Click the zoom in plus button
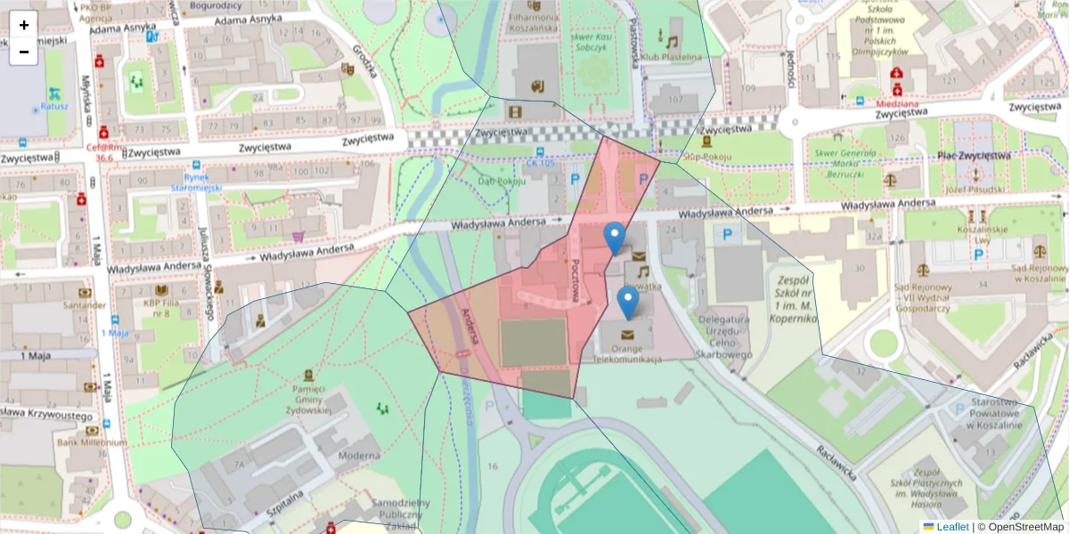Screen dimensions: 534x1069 click(x=24, y=25)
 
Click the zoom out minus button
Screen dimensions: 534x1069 click(x=24, y=52)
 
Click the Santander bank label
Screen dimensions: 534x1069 click(x=86, y=304)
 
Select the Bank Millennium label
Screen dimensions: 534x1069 click(x=92, y=442)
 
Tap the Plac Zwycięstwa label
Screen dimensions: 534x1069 click(x=974, y=156)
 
